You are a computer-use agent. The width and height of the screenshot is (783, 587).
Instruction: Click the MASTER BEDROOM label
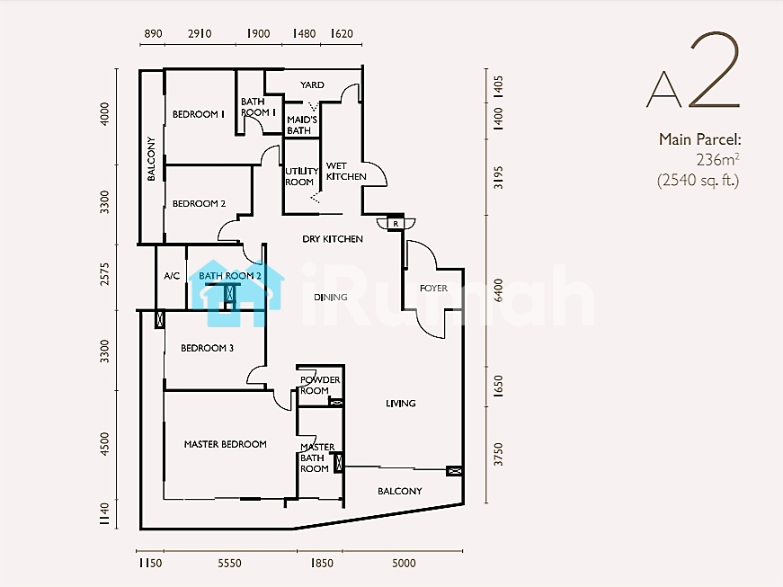(x=226, y=444)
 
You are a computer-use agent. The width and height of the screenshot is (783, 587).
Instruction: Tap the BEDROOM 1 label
(x=199, y=114)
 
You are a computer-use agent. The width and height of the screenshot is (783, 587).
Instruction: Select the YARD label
(x=312, y=84)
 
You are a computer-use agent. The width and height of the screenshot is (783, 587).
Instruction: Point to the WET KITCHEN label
(x=346, y=171)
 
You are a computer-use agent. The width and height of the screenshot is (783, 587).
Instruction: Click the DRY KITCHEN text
(x=333, y=239)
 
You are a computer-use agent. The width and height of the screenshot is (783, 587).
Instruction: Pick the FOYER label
(x=433, y=289)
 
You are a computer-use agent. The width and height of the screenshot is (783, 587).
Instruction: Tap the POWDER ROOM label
(x=320, y=385)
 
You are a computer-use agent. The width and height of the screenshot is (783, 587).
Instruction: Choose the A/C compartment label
(x=172, y=276)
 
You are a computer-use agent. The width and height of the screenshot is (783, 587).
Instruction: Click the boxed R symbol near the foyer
(x=396, y=224)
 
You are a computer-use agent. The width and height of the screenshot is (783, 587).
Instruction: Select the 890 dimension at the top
(x=154, y=33)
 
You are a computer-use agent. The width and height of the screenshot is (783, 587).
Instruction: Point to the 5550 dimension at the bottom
(x=230, y=564)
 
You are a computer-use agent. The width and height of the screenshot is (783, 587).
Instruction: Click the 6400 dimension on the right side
(x=498, y=290)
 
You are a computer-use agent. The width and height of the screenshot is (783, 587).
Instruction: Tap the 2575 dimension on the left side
(x=104, y=274)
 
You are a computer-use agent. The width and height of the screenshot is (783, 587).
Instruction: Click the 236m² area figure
(x=717, y=160)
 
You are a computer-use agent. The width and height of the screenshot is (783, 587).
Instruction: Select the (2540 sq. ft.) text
(x=698, y=180)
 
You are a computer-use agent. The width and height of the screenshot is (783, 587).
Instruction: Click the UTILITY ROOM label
(x=302, y=177)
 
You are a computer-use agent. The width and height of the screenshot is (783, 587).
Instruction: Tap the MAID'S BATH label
(x=302, y=125)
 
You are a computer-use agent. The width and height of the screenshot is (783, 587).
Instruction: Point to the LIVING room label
(x=400, y=404)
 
